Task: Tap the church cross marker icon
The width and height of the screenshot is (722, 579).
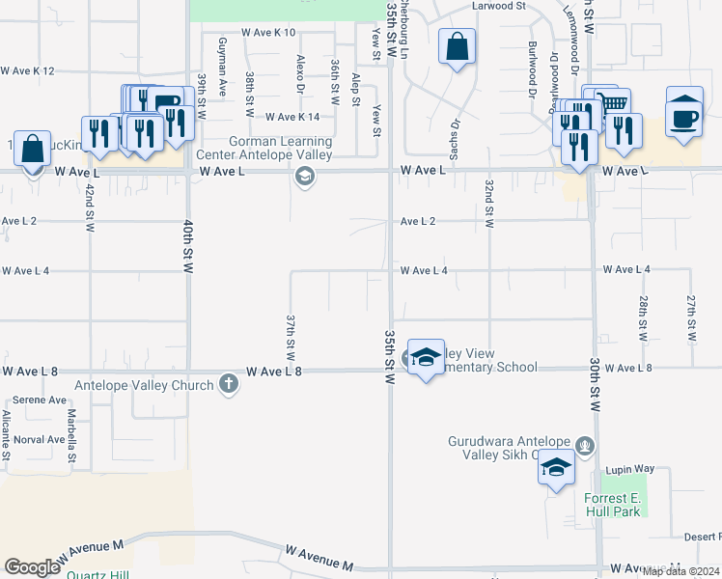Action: point(229,384)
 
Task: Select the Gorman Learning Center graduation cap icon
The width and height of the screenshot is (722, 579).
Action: point(305,176)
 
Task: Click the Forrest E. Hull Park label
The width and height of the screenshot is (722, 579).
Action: point(612,505)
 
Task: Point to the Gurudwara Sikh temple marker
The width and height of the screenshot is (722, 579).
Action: point(582,446)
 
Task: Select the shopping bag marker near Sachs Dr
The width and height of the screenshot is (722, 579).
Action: point(457,47)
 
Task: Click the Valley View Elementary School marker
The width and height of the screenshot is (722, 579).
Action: point(425,358)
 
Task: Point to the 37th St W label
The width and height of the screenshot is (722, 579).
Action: point(290,336)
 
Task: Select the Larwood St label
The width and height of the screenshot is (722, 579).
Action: point(498,6)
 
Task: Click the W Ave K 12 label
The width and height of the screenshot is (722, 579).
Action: point(28,70)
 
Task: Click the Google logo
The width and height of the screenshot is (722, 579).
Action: point(32,567)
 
